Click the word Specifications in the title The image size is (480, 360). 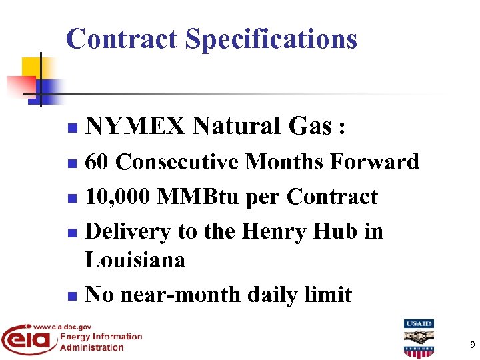click(x=271, y=40)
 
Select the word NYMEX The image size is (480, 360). click(x=136, y=125)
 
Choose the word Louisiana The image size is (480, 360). click(x=135, y=259)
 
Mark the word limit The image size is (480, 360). click(x=326, y=294)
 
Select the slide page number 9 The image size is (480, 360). click(x=472, y=345)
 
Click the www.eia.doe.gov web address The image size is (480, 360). click(x=63, y=327)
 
